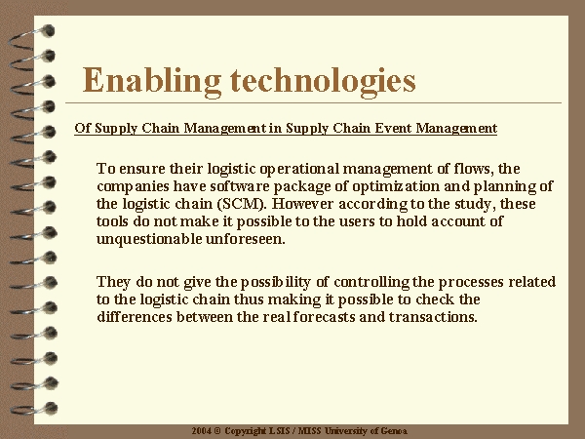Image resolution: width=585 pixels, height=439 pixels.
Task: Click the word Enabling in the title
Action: pyautogui.click(x=152, y=82)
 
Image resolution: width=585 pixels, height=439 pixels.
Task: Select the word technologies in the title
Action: pyautogui.click(x=323, y=82)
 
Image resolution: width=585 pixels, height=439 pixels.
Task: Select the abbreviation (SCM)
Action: pyautogui.click(x=244, y=204)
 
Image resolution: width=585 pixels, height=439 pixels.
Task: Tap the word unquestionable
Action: pyautogui.click(x=149, y=239)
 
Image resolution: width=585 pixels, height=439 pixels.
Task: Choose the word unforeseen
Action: pyautogui.click(x=246, y=239)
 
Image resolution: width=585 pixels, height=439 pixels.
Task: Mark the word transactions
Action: pyautogui.click(x=433, y=317)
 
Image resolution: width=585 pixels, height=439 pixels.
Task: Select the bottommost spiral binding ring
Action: pyautogui.click(x=33, y=409)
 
